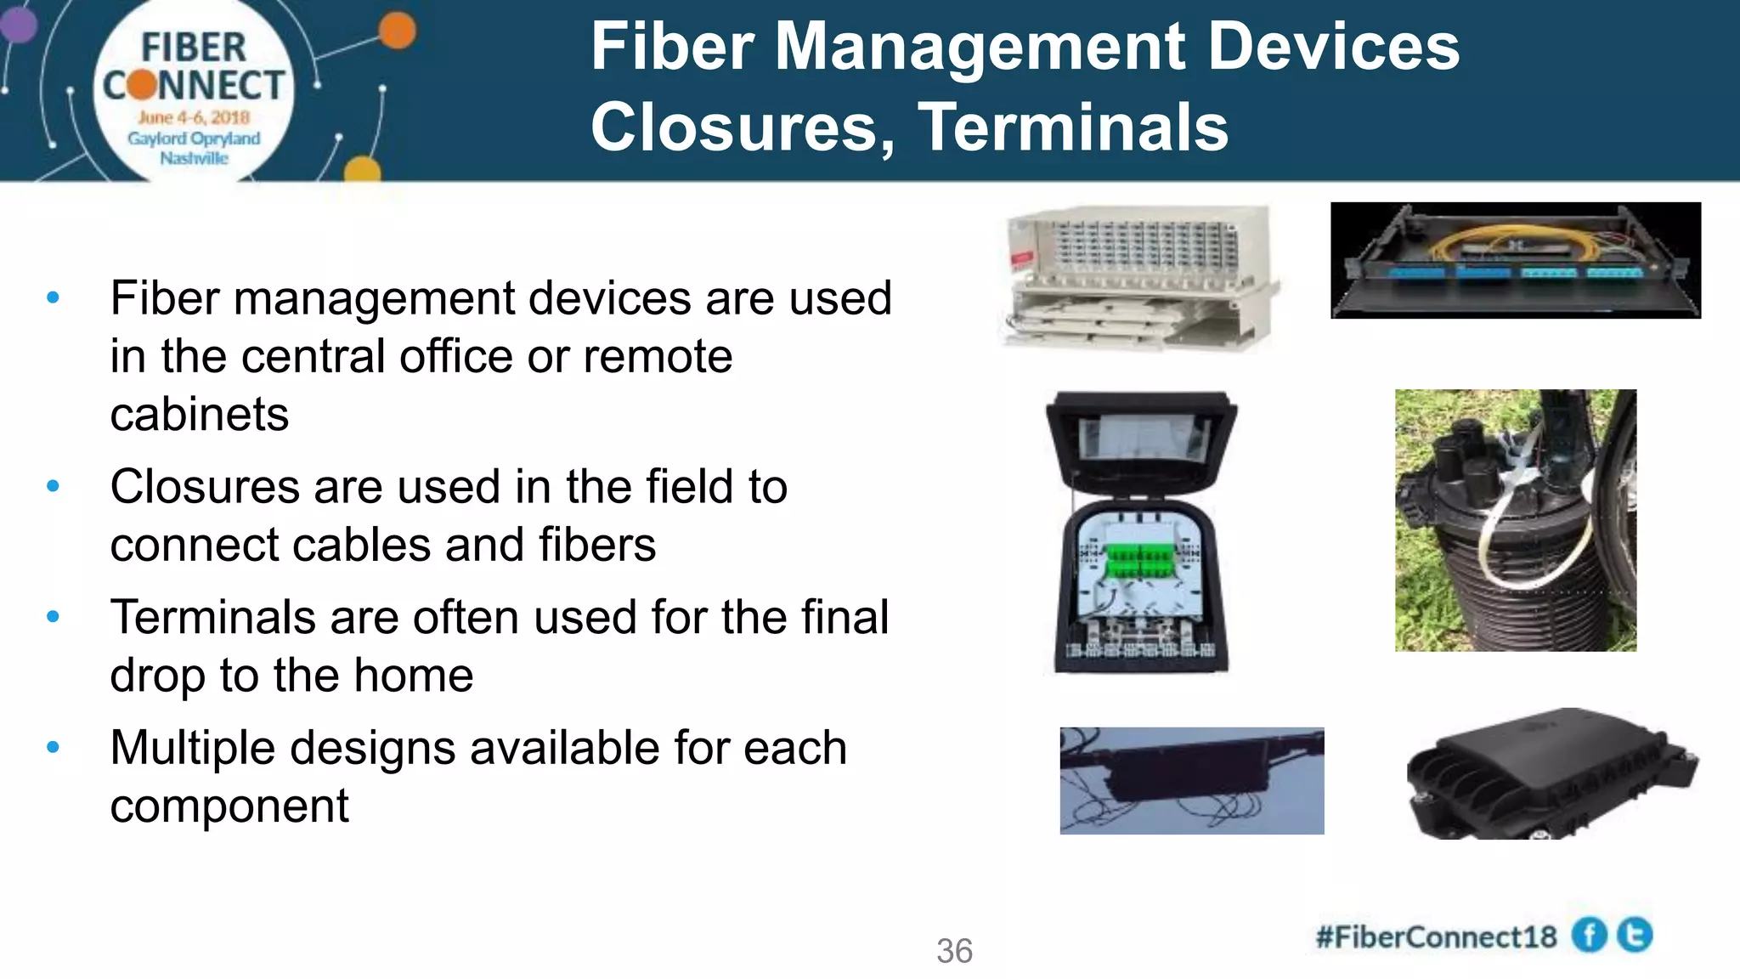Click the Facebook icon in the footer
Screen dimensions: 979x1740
[x=1589, y=936]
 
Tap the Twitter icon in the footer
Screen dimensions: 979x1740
[x=1635, y=935]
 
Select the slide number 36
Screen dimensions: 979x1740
[x=954, y=951]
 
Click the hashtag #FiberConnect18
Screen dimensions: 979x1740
[x=1436, y=937]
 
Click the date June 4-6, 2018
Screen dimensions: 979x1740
[x=194, y=117]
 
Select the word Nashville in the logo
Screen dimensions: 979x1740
[x=195, y=158]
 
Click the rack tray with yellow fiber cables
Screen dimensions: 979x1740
[x=1515, y=260]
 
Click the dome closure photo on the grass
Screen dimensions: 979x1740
[x=1515, y=520]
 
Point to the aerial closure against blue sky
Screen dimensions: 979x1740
[x=1191, y=780]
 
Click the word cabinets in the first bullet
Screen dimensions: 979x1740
[x=200, y=415]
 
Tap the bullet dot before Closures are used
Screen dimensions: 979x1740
[x=54, y=487]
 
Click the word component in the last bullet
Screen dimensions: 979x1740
[x=229, y=806]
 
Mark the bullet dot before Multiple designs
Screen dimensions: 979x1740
[x=54, y=748]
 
